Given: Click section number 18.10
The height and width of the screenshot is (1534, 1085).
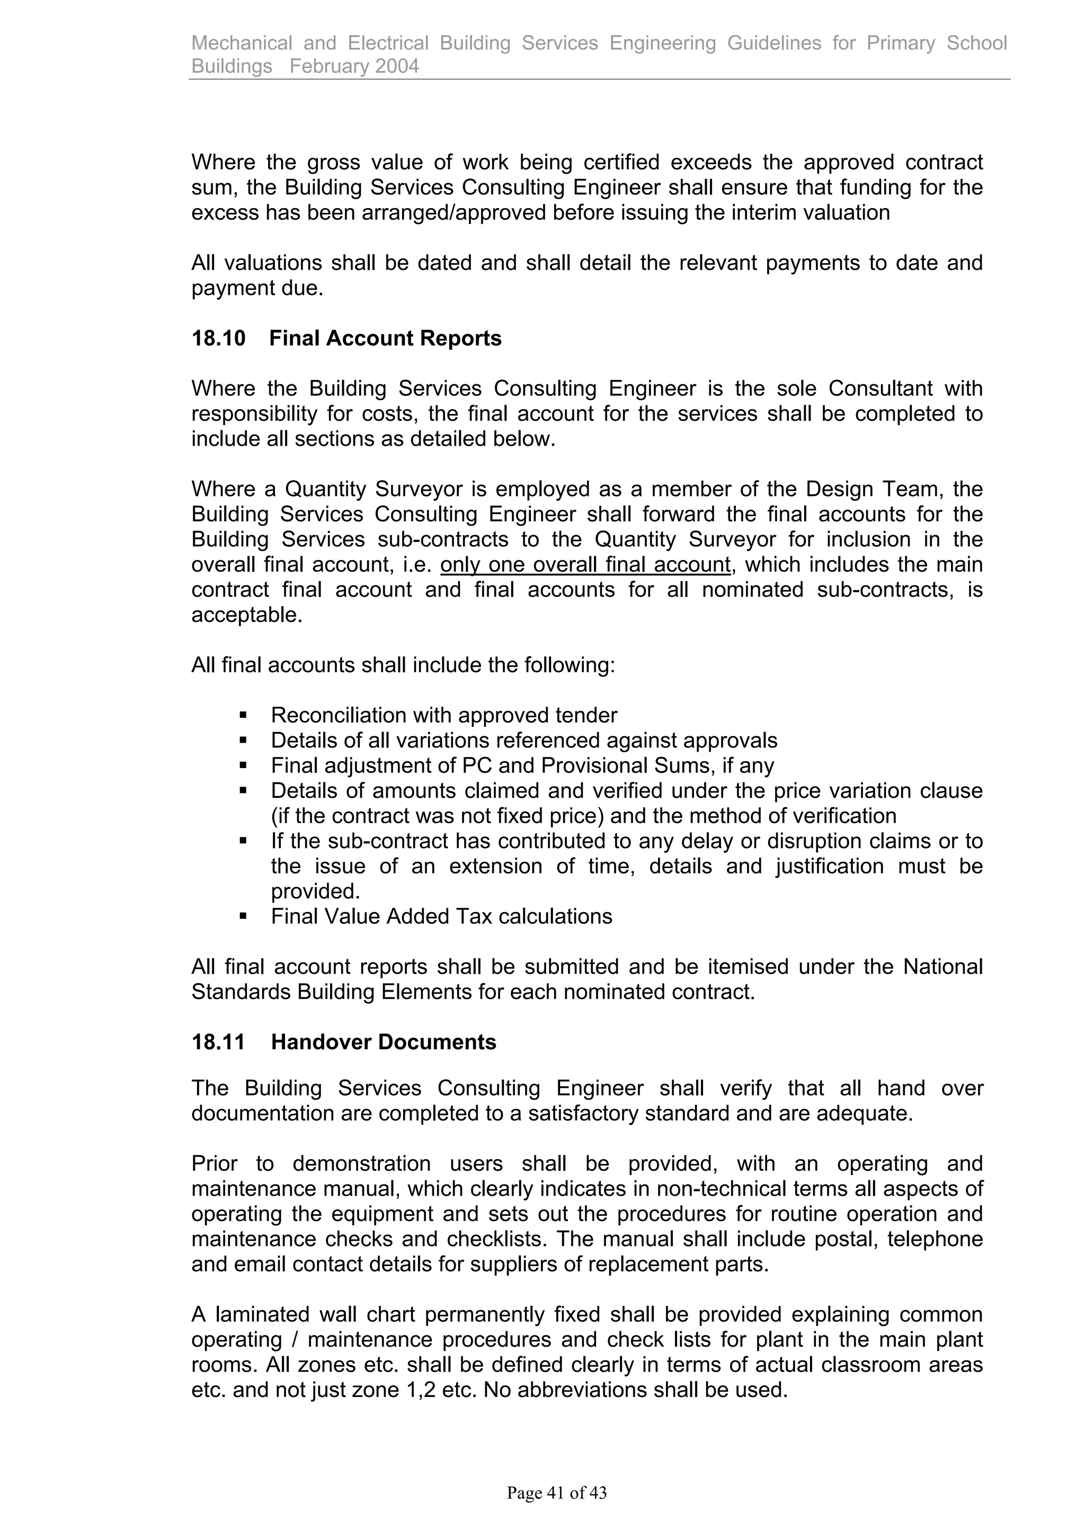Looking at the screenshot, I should [x=219, y=339].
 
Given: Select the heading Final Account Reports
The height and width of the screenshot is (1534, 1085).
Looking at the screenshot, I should [x=385, y=339].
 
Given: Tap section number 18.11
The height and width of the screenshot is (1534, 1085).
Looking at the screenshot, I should [x=219, y=1042].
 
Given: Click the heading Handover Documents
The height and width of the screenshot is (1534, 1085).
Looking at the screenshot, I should [x=383, y=1042].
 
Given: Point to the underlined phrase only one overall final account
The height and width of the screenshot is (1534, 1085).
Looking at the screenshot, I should [x=585, y=565].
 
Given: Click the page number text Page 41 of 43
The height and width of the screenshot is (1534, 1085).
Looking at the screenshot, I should [x=556, y=1493].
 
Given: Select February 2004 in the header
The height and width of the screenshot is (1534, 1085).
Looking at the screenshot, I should [x=354, y=66].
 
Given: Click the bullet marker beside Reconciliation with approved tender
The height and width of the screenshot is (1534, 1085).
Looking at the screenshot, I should [x=243, y=716].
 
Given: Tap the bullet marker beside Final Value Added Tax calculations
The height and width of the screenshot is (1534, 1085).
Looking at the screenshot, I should [x=243, y=917].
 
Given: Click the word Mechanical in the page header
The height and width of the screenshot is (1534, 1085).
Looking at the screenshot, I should [x=242, y=43].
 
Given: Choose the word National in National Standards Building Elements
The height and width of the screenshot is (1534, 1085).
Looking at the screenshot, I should [x=942, y=967].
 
